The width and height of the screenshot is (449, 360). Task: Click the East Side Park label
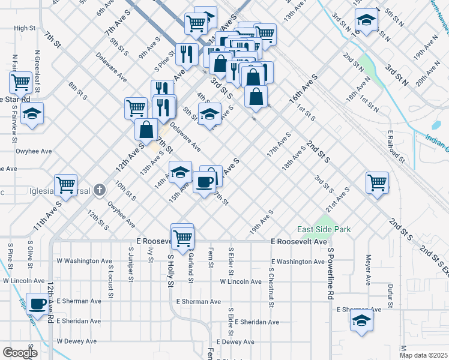(x=324, y=229)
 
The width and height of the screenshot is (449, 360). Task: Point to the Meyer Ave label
(x=367, y=269)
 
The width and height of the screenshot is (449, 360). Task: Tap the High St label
(x=25, y=28)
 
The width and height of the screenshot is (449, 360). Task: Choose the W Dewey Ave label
(x=76, y=341)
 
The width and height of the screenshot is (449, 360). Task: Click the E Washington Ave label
(x=298, y=262)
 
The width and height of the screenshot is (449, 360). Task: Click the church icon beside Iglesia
(x=100, y=191)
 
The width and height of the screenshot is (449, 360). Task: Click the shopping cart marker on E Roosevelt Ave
(x=182, y=235)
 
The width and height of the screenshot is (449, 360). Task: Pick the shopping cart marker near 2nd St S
(x=377, y=182)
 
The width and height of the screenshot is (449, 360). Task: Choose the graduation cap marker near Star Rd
(x=32, y=114)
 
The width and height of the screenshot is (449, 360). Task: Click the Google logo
(x=20, y=352)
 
